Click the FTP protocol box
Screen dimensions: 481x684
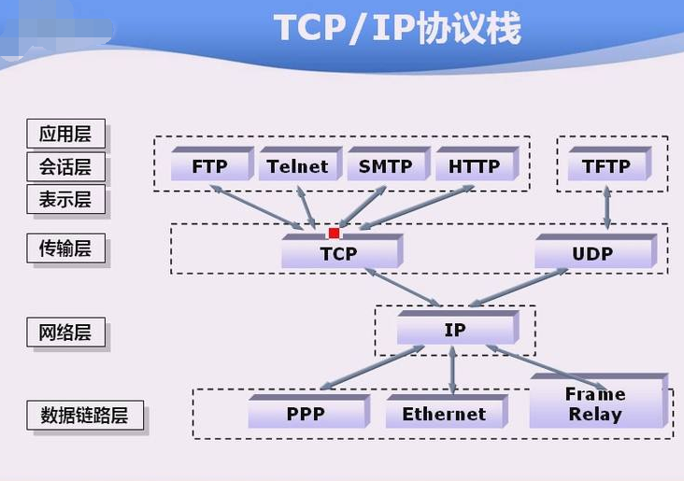pos(210,167)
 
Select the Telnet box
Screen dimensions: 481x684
pos(297,167)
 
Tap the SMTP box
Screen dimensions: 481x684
pos(385,167)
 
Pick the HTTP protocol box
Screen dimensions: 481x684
pos(474,167)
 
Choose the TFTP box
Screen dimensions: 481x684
pos(606,167)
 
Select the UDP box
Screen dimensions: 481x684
pos(591,253)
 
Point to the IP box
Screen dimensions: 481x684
pos(455,331)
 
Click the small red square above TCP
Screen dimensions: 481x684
pos(334,233)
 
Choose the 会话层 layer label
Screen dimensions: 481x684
pos(65,167)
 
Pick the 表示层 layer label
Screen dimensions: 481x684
pos(65,200)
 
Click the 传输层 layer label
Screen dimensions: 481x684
pos(65,248)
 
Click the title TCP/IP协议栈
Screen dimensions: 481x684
pos(397,28)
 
